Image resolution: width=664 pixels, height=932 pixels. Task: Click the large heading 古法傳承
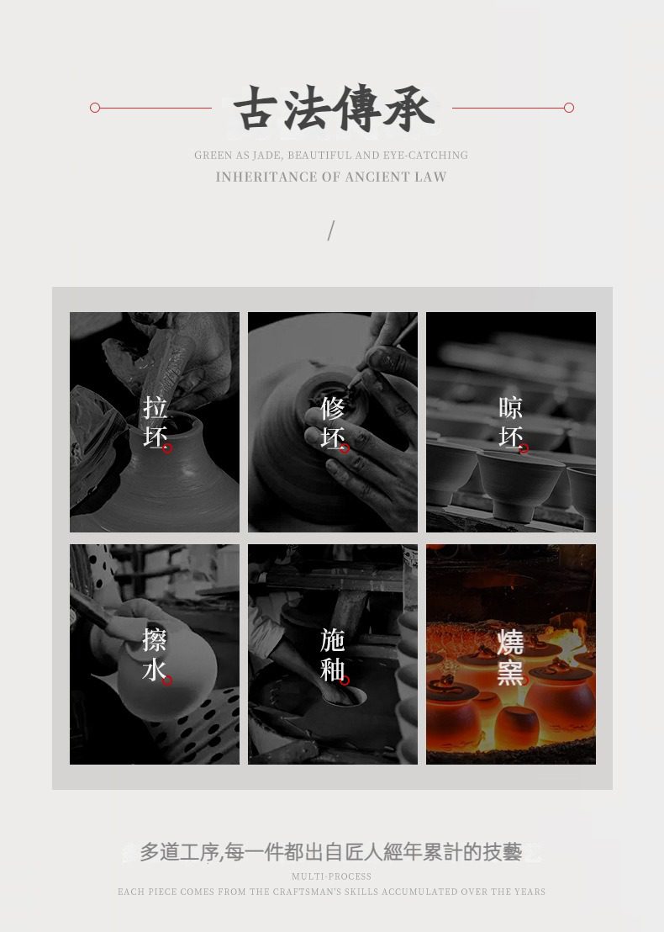333,109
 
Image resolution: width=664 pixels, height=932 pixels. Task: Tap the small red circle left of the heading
95,108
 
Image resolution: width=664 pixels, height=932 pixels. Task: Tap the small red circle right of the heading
569,108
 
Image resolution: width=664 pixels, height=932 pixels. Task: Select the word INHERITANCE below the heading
266,177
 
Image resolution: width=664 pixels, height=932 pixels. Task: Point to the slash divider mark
331,230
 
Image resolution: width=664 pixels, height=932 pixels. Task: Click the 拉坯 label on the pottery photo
155,422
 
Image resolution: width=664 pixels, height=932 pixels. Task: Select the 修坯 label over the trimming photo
333,422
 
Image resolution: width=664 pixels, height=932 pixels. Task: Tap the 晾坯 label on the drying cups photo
511,422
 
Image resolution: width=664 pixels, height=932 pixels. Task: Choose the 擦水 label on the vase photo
155,654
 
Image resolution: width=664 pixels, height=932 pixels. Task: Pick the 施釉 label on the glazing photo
333,654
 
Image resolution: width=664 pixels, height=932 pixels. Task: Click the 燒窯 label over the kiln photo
510,658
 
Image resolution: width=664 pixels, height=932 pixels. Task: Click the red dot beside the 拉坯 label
167,448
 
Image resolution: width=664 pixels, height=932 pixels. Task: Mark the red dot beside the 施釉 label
345,680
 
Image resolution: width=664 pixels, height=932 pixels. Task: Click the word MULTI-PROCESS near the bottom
331,876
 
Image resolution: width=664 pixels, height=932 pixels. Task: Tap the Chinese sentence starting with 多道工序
331,852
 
